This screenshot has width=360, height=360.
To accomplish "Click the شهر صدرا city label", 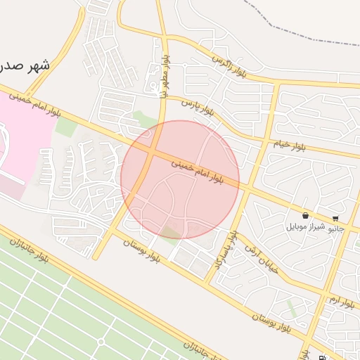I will click(26, 67).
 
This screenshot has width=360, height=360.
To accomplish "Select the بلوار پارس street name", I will click(198, 106).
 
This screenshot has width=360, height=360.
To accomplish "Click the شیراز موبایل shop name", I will click(304, 227).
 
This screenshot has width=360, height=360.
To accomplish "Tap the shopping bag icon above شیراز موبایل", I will click(305, 215).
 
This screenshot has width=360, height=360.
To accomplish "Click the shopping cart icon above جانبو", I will click(335, 218).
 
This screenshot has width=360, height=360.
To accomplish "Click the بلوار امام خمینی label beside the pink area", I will click(35, 103).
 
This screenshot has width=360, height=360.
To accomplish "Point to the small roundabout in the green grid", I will click(101, 342).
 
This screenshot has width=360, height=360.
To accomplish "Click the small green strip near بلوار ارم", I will click(292, 308).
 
